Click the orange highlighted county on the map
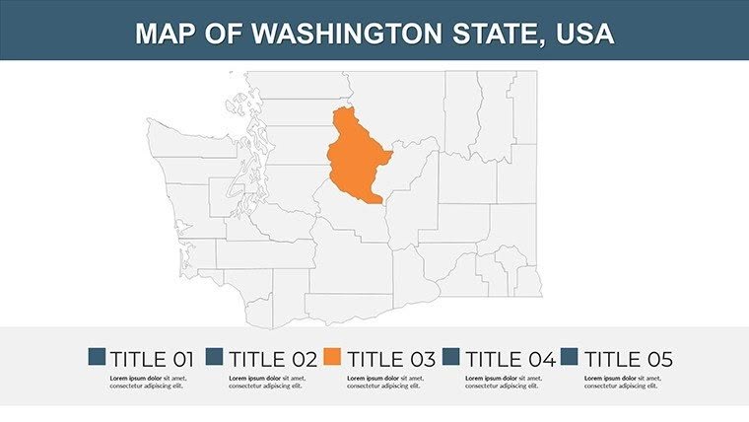pos(356,158)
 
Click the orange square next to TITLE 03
pos(333,357)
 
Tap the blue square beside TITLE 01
pos(97,357)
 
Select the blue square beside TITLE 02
pos(215,357)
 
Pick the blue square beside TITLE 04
pos(452,357)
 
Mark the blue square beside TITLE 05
pos(571,357)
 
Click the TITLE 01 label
pos(152,358)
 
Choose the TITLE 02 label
pos(270,358)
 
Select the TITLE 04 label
pos(510,358)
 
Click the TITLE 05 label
pos(628,358)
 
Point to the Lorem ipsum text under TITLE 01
pos(149,382)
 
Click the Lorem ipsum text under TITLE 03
pos(385,382)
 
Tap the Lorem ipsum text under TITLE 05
pos(624,382)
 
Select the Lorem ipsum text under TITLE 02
pos(267,382)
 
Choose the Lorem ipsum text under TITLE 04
pos(505,382)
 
